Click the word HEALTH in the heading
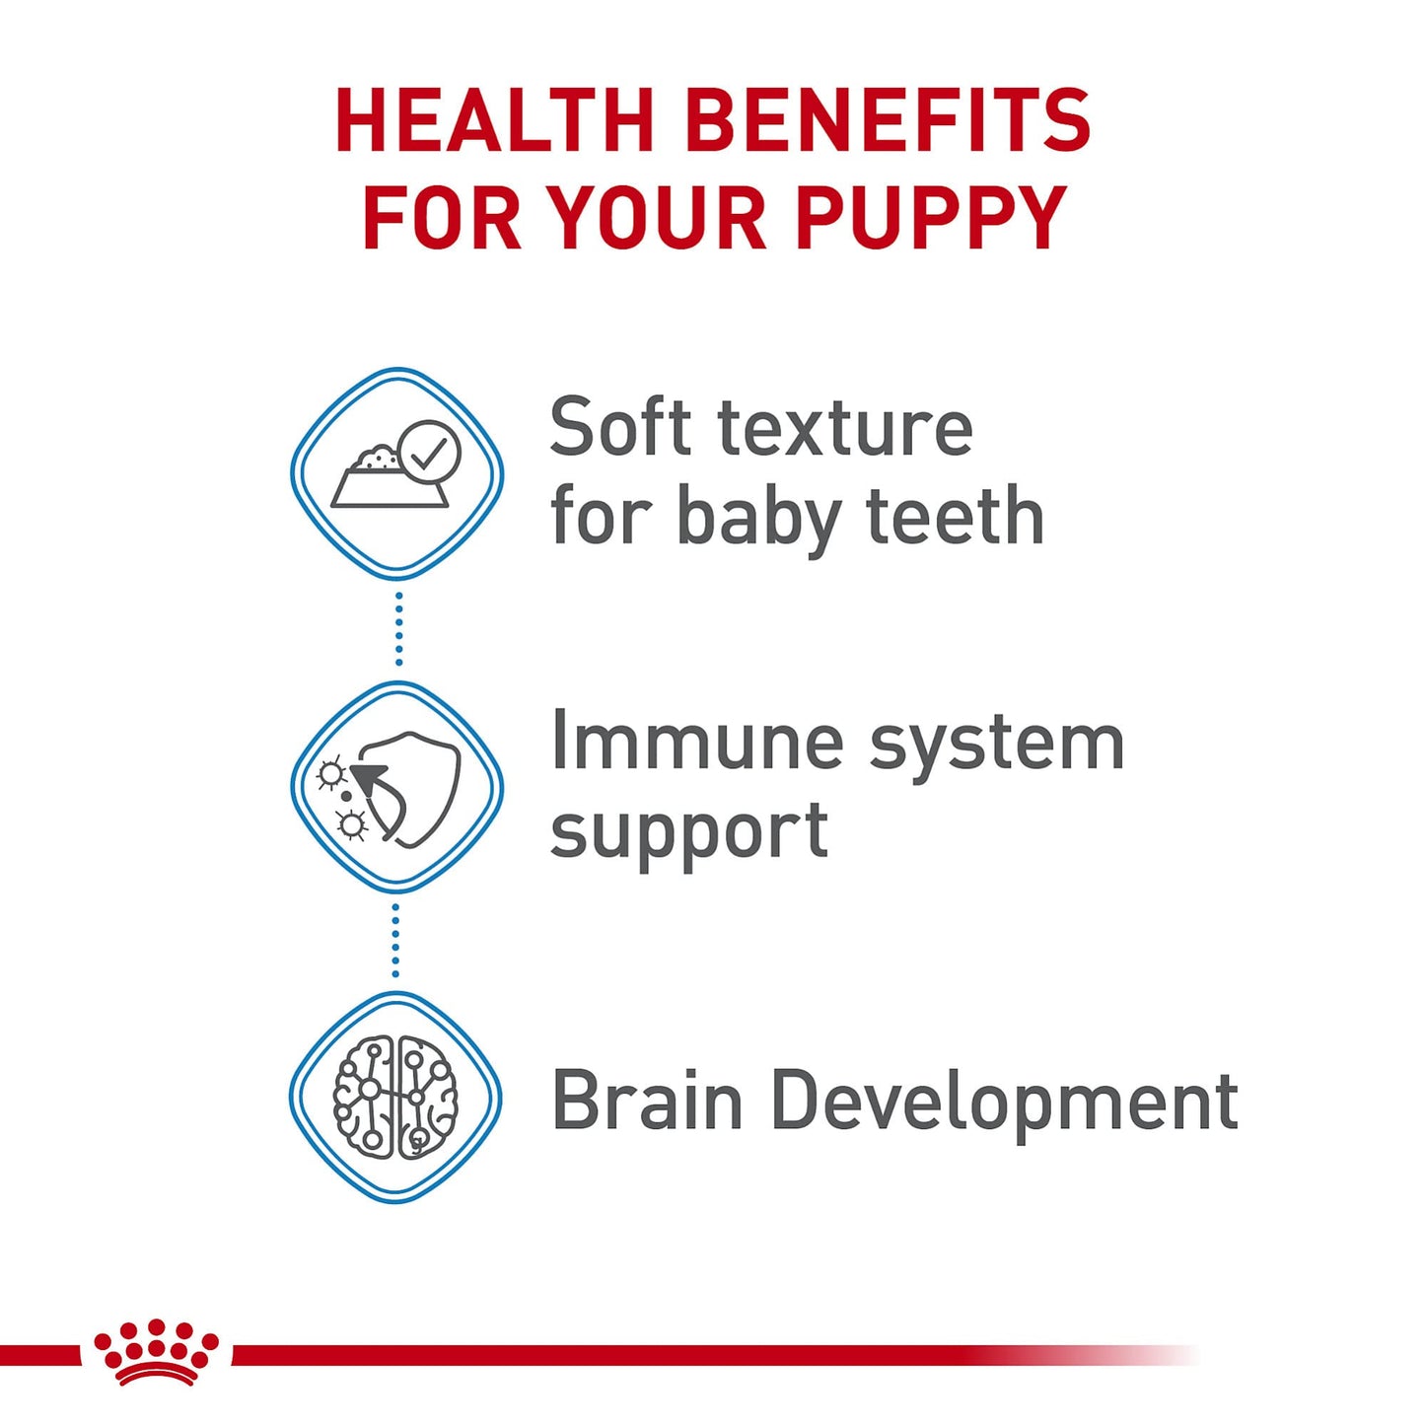[x=494, y=121]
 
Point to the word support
[x=688, y=832]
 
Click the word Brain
[x=646, y=1101]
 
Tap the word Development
[x=1004, y=1103]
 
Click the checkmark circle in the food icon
[x=428, y=452]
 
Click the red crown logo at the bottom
[x=156, y=1353]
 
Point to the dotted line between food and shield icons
[x=398, y=629]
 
